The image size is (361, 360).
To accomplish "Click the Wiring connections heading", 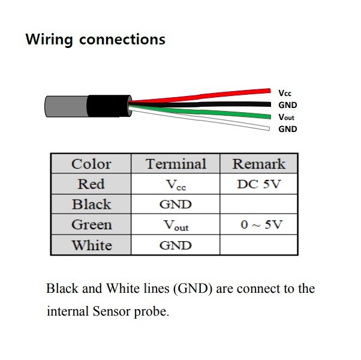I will coord(95,40).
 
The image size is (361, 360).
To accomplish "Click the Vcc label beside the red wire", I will coord(285,93).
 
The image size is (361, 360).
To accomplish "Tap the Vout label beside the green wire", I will coord(287,117).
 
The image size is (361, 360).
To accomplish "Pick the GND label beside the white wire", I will coord(288,129).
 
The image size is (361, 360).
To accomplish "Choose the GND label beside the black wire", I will coord(288,105).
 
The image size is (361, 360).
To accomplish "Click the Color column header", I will coord(91,164).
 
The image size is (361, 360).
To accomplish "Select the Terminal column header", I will coord(176,164).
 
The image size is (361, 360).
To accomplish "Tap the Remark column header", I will coord(259,164).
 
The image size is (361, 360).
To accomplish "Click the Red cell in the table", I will coord(91,184).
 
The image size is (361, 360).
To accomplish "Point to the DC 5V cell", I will coord(259,184).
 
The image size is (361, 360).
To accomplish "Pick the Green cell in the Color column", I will coord(91,225).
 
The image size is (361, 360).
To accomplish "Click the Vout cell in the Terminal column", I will coord(176,226).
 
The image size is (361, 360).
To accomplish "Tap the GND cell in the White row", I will coord(176,245).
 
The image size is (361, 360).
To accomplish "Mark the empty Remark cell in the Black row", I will coord(259,205).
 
